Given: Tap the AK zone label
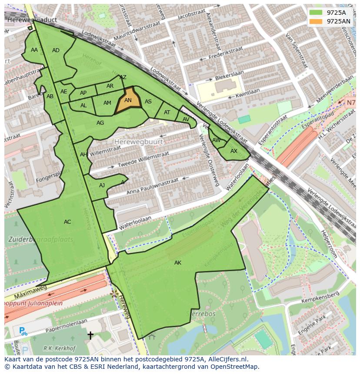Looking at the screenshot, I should (x=178, y=263).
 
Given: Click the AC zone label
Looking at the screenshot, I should (x=67, y=222).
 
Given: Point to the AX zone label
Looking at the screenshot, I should (x=234, y=151).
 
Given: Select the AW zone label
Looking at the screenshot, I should (x=216, y=140).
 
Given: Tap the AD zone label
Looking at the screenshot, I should (x=56, y=50).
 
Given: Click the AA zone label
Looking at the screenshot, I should (x=34, y=50).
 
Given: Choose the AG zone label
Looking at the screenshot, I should (x=100, y=123).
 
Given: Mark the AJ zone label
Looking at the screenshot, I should (x=102, y=185).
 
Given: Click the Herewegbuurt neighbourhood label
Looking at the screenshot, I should (x=139, y=142).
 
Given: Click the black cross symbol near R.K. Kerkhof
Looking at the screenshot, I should (x=90, y=335).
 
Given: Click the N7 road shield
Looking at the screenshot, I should (x=351, y=103).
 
